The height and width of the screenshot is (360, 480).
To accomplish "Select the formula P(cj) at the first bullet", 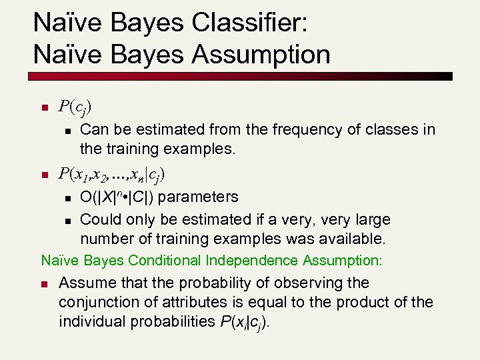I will (x=75, y=107).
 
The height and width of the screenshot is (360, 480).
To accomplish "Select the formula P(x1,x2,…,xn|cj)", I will (x=112, y=175).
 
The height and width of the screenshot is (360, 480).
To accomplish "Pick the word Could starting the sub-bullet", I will (x=99, y=219).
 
